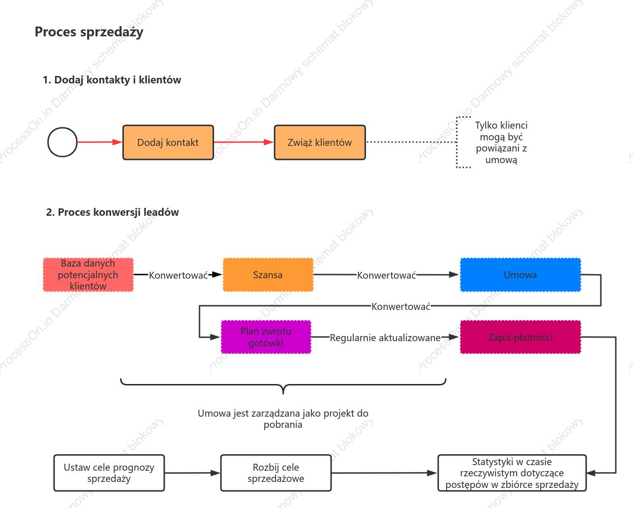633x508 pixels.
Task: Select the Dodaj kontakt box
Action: [168, 142]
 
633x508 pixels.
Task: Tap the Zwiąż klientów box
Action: [320, 142]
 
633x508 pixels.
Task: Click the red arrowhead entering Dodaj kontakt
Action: [117, 142]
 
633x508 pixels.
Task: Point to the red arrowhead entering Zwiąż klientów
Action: [268, 142]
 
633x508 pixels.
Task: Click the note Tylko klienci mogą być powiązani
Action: [501, 142]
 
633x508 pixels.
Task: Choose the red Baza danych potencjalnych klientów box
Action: [88, 275]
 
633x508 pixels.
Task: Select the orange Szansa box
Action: [268, 275]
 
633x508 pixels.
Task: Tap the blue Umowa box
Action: [520, 275]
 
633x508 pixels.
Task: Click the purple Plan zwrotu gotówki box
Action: [266, 337]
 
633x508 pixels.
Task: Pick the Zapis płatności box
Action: [520, 337]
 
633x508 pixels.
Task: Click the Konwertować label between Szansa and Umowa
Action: [386, 275]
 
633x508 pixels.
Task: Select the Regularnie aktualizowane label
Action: [385, 338]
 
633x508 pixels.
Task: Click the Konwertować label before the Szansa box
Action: [178, 275]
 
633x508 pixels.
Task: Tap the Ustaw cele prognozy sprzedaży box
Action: [109, 473]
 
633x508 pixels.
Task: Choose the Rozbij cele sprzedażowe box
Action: [276, 473]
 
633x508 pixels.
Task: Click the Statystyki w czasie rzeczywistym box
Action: [512, 473]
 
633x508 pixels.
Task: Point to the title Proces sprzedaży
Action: [89, 32]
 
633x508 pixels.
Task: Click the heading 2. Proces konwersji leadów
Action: [112, 212]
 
